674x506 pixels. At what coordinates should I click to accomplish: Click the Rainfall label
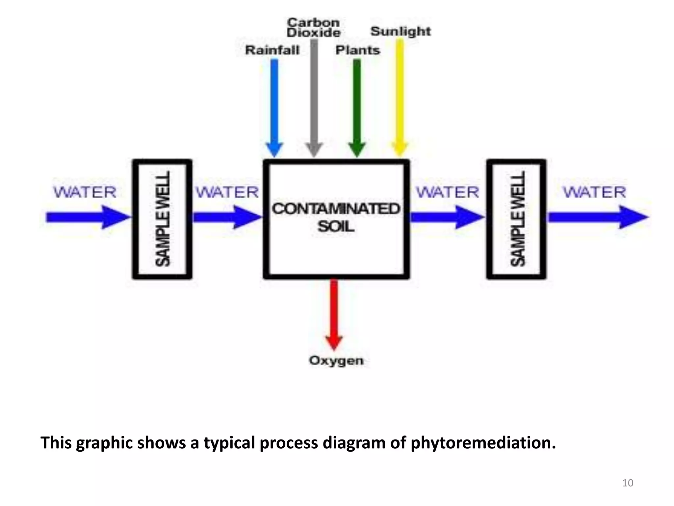tap(272, 50)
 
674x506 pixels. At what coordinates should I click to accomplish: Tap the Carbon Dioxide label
tap(313, 28)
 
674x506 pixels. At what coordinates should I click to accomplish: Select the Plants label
tap(358, 50)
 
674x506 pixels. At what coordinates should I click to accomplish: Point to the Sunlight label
tap(401, 32)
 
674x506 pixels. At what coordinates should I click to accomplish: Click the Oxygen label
tap(336, 360)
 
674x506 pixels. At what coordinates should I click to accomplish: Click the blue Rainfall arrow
tap(274, 105)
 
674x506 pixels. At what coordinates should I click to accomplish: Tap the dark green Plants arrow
tap(357, 105)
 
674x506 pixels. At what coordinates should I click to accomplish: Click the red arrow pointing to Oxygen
tap(334, 313)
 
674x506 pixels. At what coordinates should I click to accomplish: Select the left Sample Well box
tap(162, 219)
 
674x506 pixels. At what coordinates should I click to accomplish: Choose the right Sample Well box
tap(516, 219)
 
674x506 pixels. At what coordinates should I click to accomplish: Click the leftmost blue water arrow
tap(87, 217)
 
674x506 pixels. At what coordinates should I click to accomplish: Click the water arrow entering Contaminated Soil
tap(227, 217)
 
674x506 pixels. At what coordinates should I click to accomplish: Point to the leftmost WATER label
tap(85, 192)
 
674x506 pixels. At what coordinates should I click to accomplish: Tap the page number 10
tap(628, 483)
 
